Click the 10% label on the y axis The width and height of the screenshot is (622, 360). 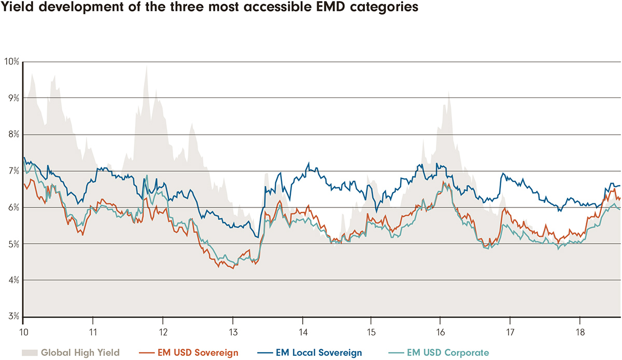click(11, 62)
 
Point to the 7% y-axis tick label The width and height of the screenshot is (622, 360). click(12, 171)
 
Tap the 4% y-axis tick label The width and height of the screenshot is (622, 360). click(12, 281)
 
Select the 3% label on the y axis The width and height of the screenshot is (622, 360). click(12, 317)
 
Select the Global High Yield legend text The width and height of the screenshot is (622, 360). click(80, 353)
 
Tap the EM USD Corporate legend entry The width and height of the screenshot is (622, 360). click(447, 353)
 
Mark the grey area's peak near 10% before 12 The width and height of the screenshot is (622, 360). click(146, 66)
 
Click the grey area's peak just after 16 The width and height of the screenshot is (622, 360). click(448, 92)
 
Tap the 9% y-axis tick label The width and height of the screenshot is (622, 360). click(12, 98)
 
